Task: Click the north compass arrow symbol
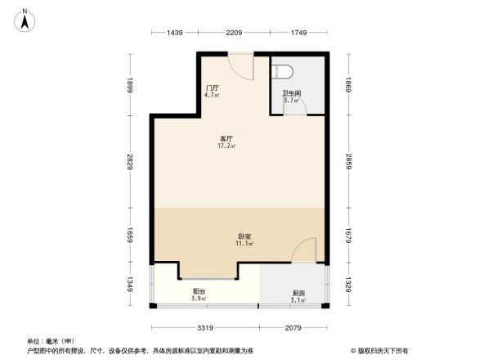25,19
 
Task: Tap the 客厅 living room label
226,139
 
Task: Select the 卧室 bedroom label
244,236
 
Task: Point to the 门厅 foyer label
212,88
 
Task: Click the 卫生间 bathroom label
292,93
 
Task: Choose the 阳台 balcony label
199,291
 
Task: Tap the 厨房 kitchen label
299,294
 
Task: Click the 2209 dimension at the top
235,32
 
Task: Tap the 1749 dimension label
298,32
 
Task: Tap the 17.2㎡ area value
226,146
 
